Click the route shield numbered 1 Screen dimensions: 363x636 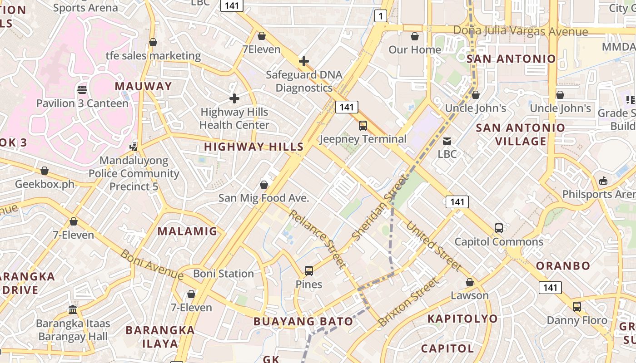(380, 17)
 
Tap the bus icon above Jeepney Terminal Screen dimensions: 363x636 (363, 126)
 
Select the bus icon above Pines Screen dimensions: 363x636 (309, 271)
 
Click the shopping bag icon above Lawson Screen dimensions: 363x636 (470, 282)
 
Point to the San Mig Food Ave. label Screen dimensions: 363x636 (263, 198)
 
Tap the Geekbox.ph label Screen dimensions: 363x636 (45, 184)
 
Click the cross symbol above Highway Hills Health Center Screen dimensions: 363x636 (234, 98)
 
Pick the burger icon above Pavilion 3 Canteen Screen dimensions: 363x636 (82, 89)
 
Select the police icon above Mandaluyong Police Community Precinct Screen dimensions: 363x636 (134, 147)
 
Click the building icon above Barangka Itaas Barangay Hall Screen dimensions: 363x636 (73, 309)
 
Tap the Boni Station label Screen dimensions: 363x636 (224, 274)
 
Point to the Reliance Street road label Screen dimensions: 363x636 (317, 239)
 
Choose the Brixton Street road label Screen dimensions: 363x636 (408, 301)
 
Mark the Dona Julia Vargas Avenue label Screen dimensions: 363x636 (521, 31)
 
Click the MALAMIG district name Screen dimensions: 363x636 (188, 231)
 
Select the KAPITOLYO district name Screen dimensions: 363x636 (462, 319)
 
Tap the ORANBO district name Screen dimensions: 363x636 (563, 265)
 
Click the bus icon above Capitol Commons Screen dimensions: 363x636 (499, 228)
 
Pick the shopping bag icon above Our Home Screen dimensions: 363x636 (414, 36)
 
